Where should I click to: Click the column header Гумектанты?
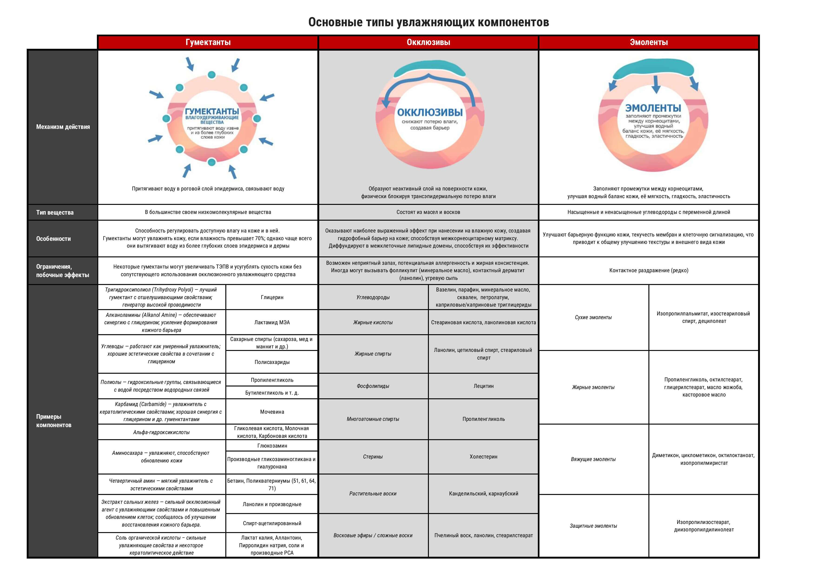[x=208, y=42]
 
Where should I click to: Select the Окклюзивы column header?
[x=428, y=42]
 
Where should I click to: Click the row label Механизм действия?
[x=63, y=127]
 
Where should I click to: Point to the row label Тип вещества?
[x=55, y=212]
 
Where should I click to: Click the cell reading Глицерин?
[x=272, y=297]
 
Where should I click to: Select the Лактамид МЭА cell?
[x=272, y=322]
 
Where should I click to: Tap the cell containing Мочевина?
[x=272, y=412]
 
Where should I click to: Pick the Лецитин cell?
[x=483, y=386]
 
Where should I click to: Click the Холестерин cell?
[x=483, y=456]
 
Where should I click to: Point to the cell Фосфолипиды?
[x=373, y=386]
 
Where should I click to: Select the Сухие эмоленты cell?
[x=593, y=317]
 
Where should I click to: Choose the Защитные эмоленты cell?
[x=593, y=526]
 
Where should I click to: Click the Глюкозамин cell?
[x=272, y=445]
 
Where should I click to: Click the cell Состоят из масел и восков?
[x=428, y=212]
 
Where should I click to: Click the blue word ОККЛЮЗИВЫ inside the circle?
[x=430, y=112]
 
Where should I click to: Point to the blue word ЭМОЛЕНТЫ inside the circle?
[x=653, y=108]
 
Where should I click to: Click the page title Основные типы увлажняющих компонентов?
[x=428, y=22]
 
